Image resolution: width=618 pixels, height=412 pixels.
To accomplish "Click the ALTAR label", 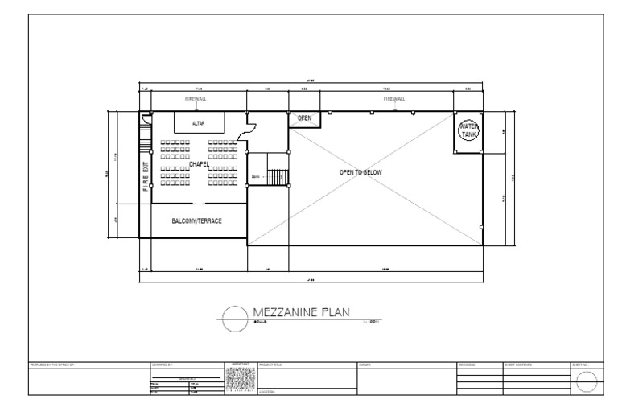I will (198, 123).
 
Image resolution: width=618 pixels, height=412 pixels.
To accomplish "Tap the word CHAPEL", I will (199, 164).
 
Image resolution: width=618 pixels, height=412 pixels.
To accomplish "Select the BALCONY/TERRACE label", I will (196, 220).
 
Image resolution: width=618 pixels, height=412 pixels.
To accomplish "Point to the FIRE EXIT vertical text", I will (146, 179).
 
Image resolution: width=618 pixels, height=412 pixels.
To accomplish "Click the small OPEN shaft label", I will (304, 118).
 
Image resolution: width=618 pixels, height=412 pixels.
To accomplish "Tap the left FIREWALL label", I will (196, 99).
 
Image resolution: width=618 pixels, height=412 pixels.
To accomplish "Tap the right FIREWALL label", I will (393, 99).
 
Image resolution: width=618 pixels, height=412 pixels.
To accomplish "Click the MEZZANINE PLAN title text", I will (301, 312).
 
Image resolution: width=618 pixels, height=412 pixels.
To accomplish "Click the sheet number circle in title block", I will (587, 384).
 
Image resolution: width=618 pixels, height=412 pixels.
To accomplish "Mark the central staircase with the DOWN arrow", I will (277, 176).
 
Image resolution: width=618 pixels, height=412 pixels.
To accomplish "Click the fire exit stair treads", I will (146, 146).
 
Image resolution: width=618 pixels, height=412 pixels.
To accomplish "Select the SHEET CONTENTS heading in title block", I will (520, 365).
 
